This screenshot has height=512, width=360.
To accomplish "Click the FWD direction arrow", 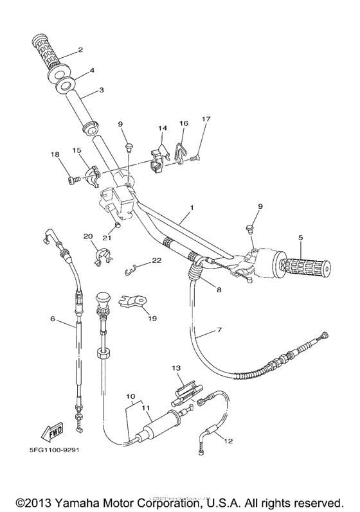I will (x=41, y=430).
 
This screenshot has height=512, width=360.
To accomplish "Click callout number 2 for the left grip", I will (x=80, y=49).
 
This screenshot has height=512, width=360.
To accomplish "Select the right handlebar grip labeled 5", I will (x=303, y=265).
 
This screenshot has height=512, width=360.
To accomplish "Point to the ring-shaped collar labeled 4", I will (x=65, y=84).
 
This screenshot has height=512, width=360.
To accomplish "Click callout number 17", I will (x=206, y=119).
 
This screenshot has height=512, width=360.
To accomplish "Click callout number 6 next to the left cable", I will (x=53, y=318).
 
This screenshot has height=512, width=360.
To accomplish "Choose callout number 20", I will (x=88, y=236).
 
